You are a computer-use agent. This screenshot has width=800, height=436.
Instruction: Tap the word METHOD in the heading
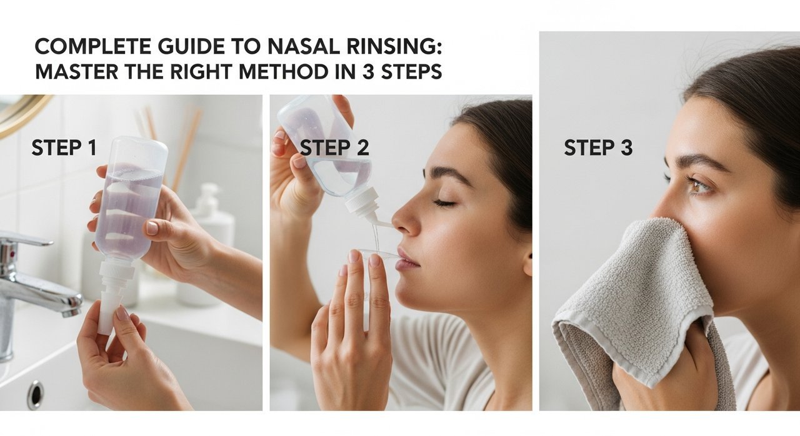click(x=283, y=72)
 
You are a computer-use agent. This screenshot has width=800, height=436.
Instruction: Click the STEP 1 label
click(x=64, y=147)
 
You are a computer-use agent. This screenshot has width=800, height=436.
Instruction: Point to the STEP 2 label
click(x=334, y=147)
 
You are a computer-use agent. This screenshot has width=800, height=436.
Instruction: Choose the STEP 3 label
click(x=598, y=147)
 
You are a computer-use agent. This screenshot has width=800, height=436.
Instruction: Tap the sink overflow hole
click(x=36, y=394)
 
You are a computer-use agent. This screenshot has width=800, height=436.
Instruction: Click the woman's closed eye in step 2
click(x=444, y=204)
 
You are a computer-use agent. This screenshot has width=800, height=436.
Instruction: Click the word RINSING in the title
click(x=394, y=46)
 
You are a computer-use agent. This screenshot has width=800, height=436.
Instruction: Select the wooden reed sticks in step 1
click(x=168, y=142)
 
